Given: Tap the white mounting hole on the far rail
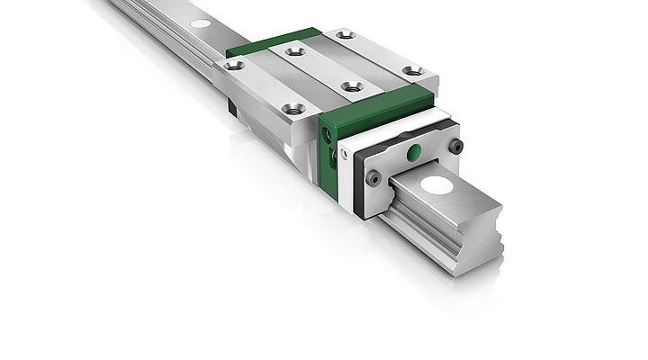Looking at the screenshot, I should (x=201, y=22).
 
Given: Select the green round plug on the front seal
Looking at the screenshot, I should (x=413, y=153).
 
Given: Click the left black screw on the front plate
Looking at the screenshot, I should (x=373, y=178).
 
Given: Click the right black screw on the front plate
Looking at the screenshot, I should (x=456, y=146).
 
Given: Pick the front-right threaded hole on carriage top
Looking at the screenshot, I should (x=412, y=70).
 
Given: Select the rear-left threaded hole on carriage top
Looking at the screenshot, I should (x=234, y=65).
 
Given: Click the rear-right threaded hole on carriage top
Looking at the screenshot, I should (x=344, y=35).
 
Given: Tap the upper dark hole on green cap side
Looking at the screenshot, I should (x=327, y=134).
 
